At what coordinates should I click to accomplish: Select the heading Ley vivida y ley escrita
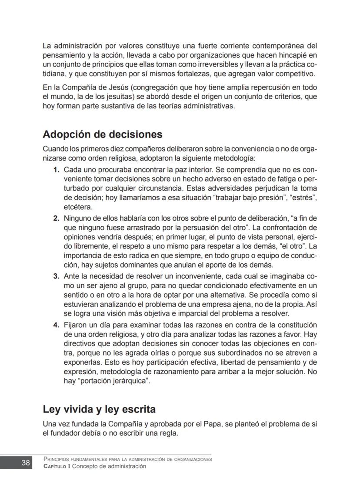click(x=99, y=410)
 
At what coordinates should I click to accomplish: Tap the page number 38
click(x=26, y=463)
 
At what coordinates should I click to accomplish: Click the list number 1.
click(x=56, y=169)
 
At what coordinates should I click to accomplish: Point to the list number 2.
click(x=56, y=218)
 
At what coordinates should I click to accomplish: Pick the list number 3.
click(x=56, y=276)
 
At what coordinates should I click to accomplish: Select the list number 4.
click(x=56, y=325)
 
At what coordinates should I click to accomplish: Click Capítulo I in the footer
click(x=57, y=467)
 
